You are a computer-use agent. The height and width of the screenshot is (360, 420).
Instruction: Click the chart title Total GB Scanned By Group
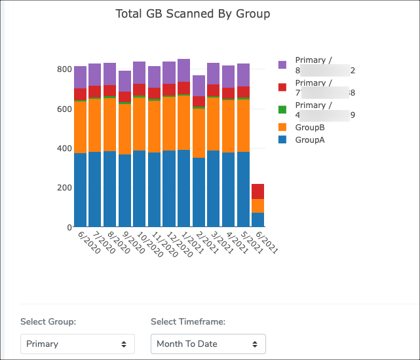pyautogui.click(x=193, y=14)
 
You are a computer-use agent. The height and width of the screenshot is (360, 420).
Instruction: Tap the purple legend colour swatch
pyautogui.click(x=282, y=65)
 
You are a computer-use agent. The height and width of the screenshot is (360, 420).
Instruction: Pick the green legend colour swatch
pyautogui.click(x=282, y=109)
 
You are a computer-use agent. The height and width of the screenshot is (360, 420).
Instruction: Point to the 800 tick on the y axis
pyautogui.click(x=64, y=69)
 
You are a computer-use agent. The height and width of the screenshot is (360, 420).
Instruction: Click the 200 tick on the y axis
pyautogui.click(x=64, y=188)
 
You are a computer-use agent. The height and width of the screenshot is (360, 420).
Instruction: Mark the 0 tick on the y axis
pyautogui.click(x=68, y=227)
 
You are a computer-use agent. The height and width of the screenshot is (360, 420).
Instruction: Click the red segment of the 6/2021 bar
pyautogui.click(x=258, y=191)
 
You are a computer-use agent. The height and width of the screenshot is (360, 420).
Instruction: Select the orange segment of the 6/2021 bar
pyautogui.click(x=258, y=206)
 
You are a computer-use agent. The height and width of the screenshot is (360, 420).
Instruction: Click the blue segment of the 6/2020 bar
pyautogui.click(x=80, y=190)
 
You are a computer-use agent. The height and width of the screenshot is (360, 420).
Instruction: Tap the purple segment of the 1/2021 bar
pyautogui.click(x=183, y=70)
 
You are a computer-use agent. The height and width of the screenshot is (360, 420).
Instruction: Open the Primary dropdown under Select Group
pyautogui.click(x=77, y=344)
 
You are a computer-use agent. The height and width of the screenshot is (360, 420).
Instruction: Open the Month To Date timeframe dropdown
pyautogui.click(x=208, y=344)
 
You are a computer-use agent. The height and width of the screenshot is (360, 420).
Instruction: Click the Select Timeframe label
pyautogui.click(x=188, y=321)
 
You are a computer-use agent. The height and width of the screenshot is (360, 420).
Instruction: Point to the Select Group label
pyautogui.click(x=48, y=321)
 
